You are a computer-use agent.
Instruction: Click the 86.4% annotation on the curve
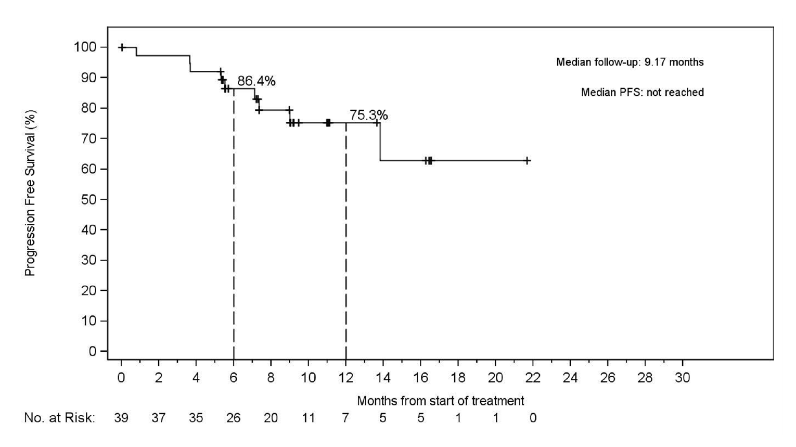256,81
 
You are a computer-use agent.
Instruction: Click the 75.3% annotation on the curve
368,115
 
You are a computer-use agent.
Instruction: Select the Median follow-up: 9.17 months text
630,62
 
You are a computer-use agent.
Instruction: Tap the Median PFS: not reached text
642,93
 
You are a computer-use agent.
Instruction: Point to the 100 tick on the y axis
85,47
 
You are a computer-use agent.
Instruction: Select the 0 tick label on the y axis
92,351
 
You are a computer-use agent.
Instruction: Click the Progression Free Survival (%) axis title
30,193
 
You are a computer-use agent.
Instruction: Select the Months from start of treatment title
440,401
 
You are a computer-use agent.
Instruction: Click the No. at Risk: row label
59,418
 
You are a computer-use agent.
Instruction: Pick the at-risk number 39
121,418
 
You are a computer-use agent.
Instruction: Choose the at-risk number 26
233,418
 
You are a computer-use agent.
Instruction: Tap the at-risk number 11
308,418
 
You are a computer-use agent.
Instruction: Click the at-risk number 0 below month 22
532,418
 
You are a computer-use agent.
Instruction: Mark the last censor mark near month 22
527,161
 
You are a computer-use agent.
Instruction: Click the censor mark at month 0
122,47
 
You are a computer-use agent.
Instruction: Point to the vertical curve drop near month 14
380,142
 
